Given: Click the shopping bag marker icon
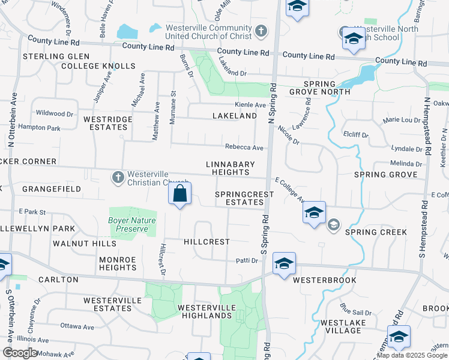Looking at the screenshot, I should coord(179,194).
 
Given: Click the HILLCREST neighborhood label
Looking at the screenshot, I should coord(206,242).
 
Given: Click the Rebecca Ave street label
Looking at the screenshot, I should coord(244,148).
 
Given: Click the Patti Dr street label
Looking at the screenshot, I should coord(246,260).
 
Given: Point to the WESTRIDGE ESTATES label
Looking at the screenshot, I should coord(107,123).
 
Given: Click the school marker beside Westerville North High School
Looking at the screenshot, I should coord(354,39).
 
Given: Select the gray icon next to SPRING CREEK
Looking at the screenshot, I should coord(333,226).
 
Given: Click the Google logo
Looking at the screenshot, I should coord(20,353).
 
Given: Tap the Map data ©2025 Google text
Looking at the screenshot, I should coord(412,355).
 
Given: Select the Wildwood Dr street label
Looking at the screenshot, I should coord(55,113).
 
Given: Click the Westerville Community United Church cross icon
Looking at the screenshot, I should coord(261,31).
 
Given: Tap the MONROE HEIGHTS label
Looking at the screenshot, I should coord(118,263).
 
